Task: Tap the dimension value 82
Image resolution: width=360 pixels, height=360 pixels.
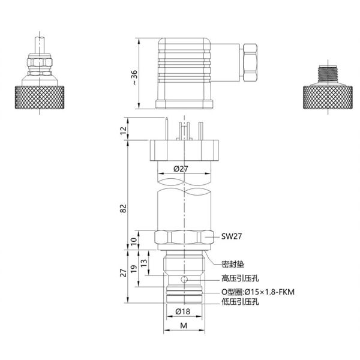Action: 123,208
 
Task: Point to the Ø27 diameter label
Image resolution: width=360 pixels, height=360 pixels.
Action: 182,169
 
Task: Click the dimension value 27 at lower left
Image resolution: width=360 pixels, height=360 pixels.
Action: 123,273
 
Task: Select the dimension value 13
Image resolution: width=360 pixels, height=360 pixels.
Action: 143,262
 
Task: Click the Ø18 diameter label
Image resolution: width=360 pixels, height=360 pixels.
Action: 183,311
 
